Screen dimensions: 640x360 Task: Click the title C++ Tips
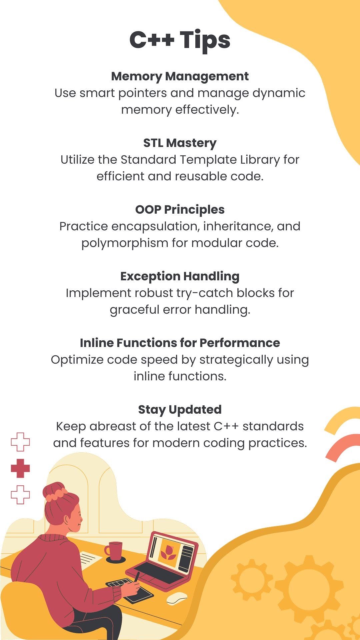[180, 40]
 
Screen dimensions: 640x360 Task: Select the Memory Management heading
[180, 76]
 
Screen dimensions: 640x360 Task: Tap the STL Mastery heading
[180, 143]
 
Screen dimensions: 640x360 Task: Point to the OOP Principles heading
[180, 210]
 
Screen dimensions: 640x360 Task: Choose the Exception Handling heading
[180, 276]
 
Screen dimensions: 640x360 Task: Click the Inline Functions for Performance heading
[180, 343]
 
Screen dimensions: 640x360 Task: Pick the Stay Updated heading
[180, 410]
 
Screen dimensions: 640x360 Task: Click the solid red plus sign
[20, 468]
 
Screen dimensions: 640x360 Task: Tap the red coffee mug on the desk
[115, 551]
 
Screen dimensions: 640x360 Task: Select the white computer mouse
[177, 599]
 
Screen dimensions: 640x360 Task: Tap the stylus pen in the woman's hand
[137, 577]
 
